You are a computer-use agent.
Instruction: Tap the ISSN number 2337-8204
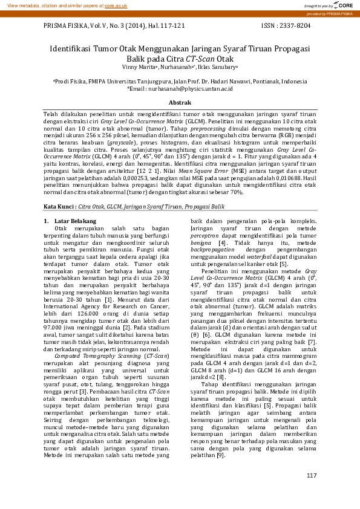[x=294, y=26]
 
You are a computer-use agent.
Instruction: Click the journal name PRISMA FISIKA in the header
[x=67, y=26]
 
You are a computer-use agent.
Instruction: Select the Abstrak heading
[x=180, y=103]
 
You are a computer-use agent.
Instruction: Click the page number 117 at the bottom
[x=312, y=476]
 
